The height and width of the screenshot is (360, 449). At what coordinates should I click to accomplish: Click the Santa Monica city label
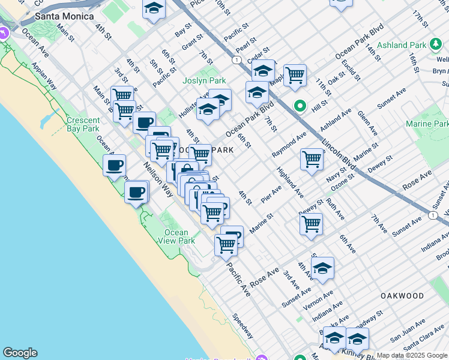click(65, 16)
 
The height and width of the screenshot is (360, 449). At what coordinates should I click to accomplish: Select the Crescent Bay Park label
click(83, 124)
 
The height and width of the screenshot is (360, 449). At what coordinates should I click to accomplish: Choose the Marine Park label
click(427, 124)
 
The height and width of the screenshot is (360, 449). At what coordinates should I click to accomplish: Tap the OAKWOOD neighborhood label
click(402, 296)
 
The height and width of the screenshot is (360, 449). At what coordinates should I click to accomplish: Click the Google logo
click(20, 353)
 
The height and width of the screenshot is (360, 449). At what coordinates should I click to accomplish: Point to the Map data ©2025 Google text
click(411, 355)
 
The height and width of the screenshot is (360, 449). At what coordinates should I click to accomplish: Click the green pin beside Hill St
click(300, 107)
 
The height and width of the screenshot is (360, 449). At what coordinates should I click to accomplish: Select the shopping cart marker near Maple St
click(295, 76)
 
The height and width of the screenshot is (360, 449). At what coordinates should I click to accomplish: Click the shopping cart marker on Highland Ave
click(312, 160)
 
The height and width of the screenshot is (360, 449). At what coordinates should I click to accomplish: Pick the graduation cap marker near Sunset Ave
click(322, 268)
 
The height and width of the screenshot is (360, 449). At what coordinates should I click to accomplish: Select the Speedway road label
click(243, 326)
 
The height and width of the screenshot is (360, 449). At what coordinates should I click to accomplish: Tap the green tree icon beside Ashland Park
click(434, 45)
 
